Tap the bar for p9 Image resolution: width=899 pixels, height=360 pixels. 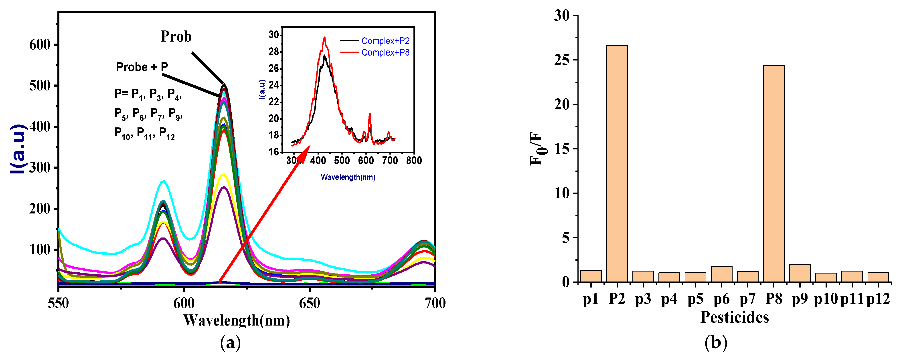(x=800, y=273)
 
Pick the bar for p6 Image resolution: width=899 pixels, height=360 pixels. (x=721, y=274)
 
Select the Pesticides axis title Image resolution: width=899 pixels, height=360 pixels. (x=735, y=317)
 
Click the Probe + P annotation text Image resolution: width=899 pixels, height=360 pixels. (x=142, y=67)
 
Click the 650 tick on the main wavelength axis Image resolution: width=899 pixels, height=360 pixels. (x=309, y=303)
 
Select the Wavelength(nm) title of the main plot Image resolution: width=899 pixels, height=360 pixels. (x=237, y=320)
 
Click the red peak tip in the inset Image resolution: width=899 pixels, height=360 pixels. (x=325, y=38)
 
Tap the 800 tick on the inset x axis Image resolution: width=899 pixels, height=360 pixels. (x=414, y=161)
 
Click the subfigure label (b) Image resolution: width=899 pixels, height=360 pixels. (x=715, y=343)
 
